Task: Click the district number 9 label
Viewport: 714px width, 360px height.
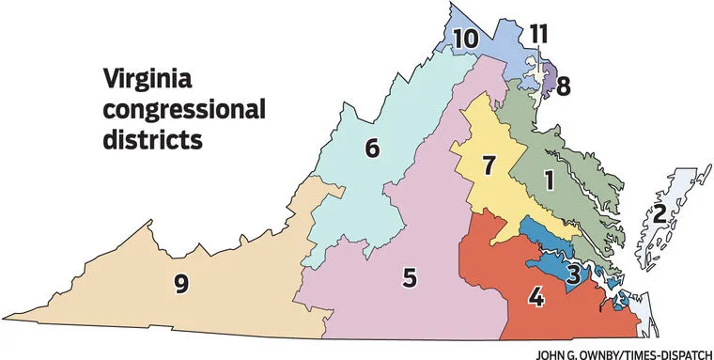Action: click(180, 282)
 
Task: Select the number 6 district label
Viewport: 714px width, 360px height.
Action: click(372, 149)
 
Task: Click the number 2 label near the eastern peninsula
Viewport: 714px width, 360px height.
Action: click(660, 213)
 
